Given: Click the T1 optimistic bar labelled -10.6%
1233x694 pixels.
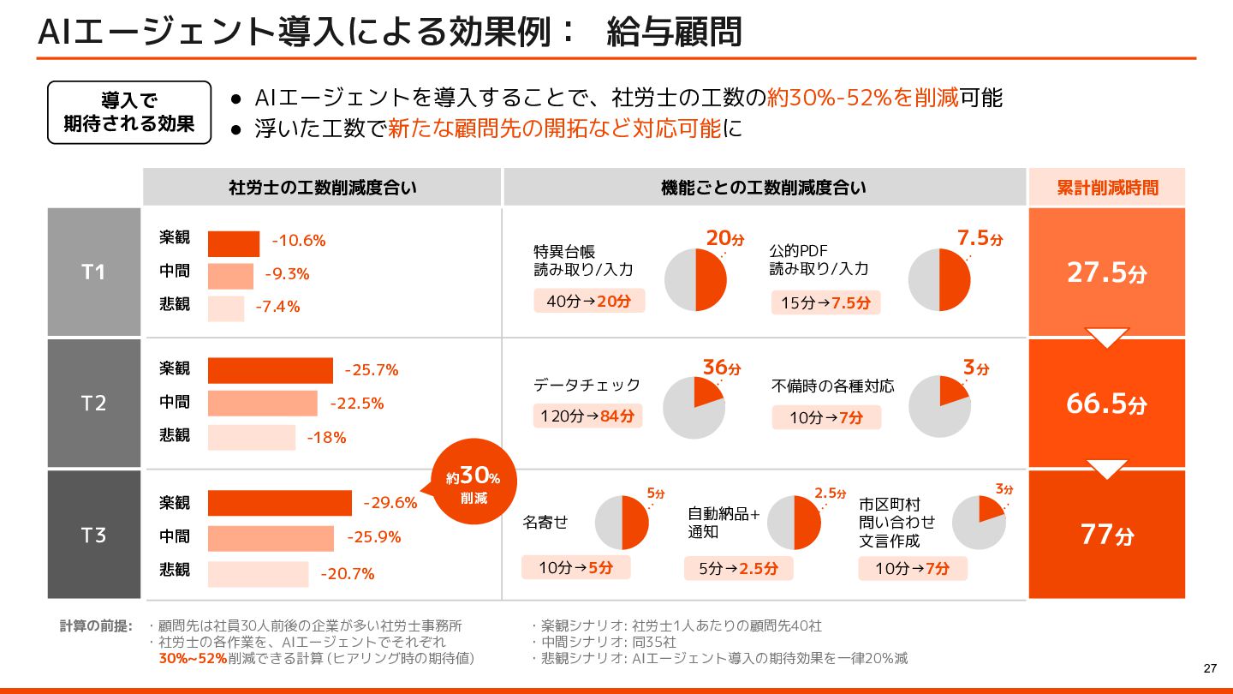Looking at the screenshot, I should tap(233, 244).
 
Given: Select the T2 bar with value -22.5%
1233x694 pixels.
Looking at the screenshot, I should tap(262, 404).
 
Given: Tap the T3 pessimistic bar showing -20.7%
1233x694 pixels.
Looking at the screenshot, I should tap(257, 574).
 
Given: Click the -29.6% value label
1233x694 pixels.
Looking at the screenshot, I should tap(390, 503).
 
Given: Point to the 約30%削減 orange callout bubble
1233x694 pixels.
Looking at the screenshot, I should tap(474, 485).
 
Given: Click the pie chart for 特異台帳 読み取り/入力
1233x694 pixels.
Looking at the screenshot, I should tap(695, 280).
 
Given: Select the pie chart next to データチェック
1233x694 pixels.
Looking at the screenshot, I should tap(694, 408).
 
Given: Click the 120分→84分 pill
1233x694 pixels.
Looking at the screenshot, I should tap(587, 416).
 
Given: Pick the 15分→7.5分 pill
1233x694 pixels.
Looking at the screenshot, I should tap(825, 302).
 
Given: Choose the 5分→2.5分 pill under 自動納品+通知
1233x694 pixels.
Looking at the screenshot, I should tap(738, 568).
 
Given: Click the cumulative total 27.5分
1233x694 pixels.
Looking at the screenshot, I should tap(1106, 272).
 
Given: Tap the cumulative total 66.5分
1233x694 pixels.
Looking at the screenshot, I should tap(1106, 404).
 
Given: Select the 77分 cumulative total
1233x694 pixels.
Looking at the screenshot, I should tap(1106, 535).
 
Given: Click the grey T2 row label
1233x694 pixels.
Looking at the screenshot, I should tap(93, 404).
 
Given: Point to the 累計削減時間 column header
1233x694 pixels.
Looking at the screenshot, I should tap(1106, 188).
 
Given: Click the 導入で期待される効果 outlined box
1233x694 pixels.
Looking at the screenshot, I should tap(129, 112).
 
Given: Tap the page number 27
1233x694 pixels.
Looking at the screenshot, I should tap(1210, 669).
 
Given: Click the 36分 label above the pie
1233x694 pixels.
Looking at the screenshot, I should tap(721, 368).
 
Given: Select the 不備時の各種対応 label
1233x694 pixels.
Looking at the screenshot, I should tap(832, 386).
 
